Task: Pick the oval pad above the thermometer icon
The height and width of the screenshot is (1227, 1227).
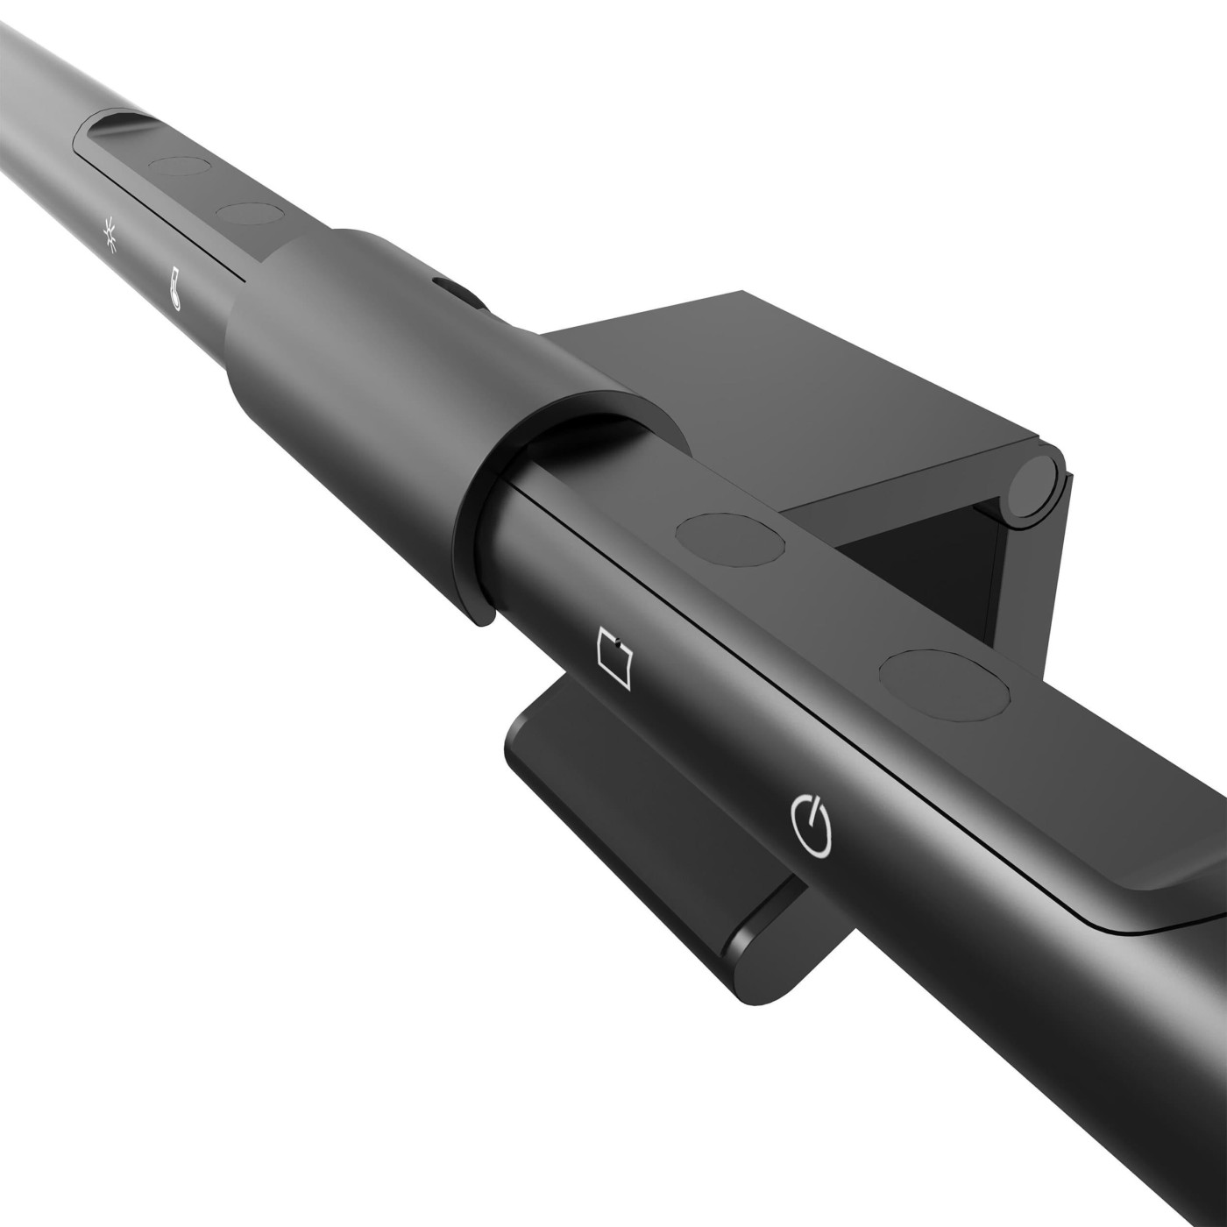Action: (247, 213)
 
